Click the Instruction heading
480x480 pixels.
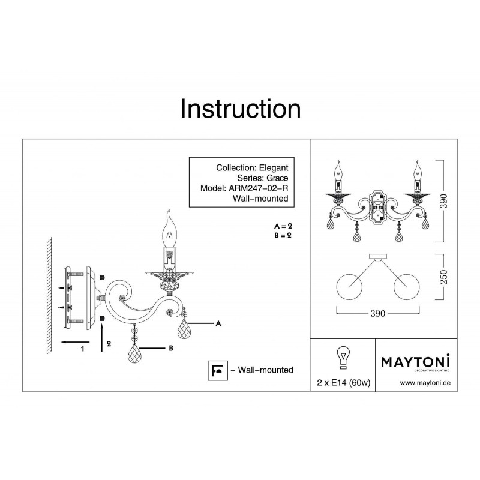(241, 109)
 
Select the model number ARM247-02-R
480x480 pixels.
(259, 188)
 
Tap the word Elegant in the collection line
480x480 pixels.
(274, 168)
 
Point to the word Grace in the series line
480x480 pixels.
(277, 178)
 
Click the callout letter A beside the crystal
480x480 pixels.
(218, 323)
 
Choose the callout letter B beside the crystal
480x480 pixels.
(171, 348)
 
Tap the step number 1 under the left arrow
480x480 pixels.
(82, 349)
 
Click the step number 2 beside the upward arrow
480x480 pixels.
(109, 344)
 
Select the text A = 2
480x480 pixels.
(283, 226)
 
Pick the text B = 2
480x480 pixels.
(283, 235)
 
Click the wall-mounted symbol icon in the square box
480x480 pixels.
(218, 370)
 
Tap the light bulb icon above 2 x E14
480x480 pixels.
(343, 358)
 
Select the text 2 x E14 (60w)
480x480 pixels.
(344, 383)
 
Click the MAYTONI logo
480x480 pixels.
(415, 362)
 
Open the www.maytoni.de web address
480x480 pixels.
(425, 383)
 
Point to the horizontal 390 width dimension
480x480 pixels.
(378, 313)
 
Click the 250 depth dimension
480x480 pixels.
(444, 277)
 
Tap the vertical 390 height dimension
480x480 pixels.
(444, 201)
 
